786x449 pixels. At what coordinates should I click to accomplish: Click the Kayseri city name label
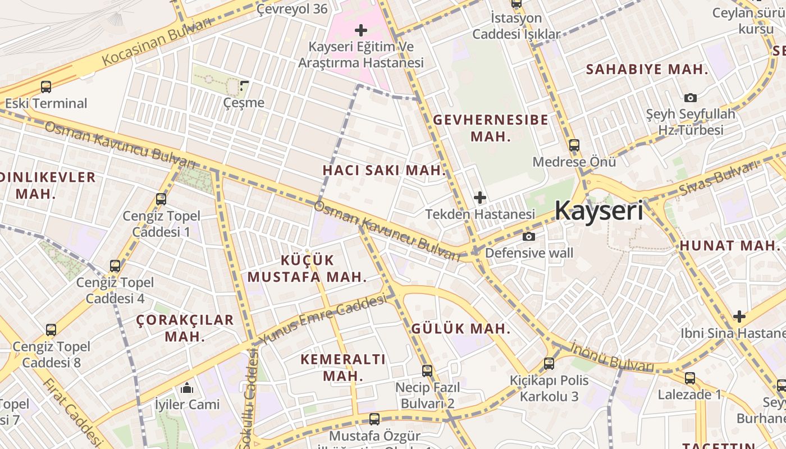pyautogui.click(x=598, y=210)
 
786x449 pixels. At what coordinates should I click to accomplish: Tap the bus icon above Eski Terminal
pyautogui.click(x=46, y=87)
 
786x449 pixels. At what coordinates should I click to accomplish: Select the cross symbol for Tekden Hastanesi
pyautogui.click(x=480, y=198)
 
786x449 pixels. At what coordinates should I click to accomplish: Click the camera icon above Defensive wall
pyautogui.click(x=528, y=236)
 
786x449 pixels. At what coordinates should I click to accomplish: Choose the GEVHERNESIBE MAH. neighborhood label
pyautogui.click(x=491, y=128)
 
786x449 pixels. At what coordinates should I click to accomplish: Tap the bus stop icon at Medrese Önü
pyautogui.click(x=574, y=145)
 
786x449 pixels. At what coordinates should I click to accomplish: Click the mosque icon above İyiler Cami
pyautogui.click(x=187, y=388)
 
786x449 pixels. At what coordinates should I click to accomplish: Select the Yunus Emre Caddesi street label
pyautogui.click(x=322, y=321)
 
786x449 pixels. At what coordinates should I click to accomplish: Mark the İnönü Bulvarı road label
pyautogui.click(x=613, y=357)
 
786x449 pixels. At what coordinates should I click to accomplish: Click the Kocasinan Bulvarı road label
pyautogui.click(x=157, y=41)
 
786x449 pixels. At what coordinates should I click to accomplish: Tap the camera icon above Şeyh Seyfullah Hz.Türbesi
pyautogui.click(x=691, y=98)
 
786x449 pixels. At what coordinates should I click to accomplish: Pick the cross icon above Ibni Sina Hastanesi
pyautogui.click(x=739, y=317)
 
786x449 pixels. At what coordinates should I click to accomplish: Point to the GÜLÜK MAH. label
pyautogui.click(x=461, y=329)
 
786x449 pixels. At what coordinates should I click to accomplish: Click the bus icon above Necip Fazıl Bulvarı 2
pyautogui.click(x=427, y=370)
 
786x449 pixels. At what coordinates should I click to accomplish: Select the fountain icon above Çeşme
pyautogui.click(x=244, y=86)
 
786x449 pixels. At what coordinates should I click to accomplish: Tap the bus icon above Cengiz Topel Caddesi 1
pyautogui.click(x=161, y=199)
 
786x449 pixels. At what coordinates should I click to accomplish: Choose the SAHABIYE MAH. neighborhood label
pyautogui.click(x=647, y=70)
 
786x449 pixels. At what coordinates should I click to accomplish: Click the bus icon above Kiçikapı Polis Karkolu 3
pyautogui.click(x=549, y=363)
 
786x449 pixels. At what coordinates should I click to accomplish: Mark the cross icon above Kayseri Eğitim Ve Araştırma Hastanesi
pyautogui.click(x=361, y=30)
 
